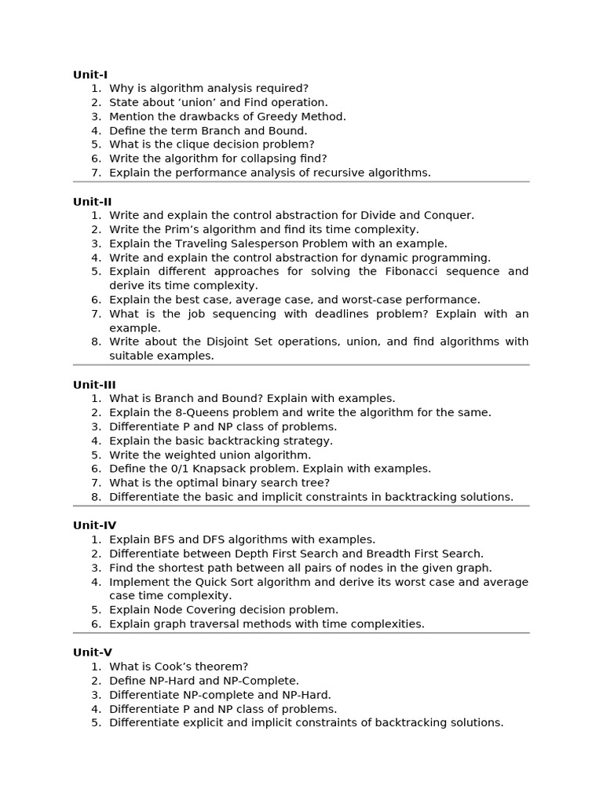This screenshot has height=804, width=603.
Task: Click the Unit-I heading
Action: tap(90, 75)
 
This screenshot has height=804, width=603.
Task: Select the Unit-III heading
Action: tap(94, 385)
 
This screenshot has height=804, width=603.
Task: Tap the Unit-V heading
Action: tap(93, 652)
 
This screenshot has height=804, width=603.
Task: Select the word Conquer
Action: tap(448, 215)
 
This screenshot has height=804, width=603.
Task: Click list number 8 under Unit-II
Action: tap(96, 342)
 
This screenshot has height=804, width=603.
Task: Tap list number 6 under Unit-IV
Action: tap(96, 624)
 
